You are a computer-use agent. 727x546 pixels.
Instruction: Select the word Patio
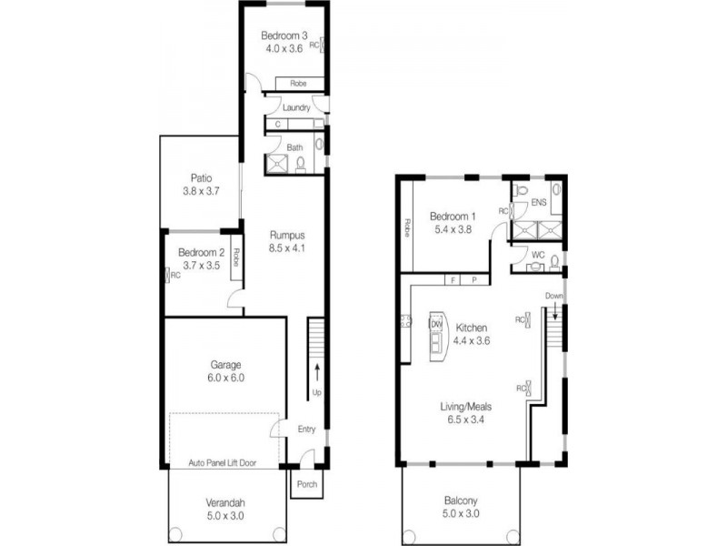[x=201, y=178]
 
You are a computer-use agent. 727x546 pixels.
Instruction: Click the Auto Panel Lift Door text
[x=222, y=463]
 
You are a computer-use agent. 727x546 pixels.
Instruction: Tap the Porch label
[x=306, y=483]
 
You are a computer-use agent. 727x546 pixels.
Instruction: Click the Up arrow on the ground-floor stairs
[x=316, y=370]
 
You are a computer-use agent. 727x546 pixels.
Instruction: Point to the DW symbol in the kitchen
[x=436, y=325]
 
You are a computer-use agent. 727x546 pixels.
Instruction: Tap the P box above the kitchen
[x=473, y=280]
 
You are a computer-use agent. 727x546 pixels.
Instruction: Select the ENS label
[x=539, y=203]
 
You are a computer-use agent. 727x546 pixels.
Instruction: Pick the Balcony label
[x=462, y=500]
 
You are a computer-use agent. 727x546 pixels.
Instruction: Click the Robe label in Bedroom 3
[x=298, y=84]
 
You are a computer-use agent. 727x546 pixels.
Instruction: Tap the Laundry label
[x=296, y=107]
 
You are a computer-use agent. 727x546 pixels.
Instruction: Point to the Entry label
[x=305, y=429]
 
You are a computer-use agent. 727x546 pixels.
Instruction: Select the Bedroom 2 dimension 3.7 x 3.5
[x=201, y=266]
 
